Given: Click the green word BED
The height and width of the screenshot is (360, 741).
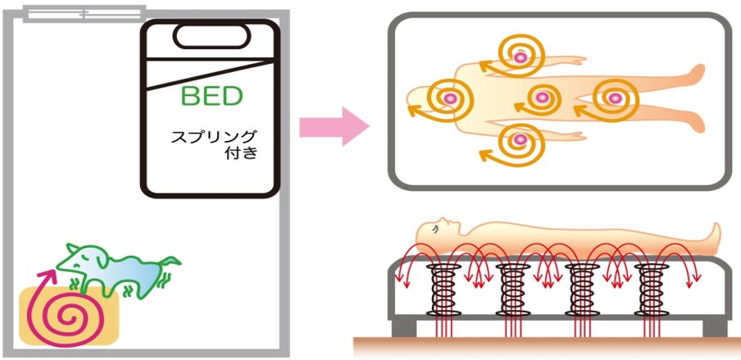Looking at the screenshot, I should (211, 97).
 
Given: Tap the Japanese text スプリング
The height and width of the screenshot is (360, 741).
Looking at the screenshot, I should (213, 136).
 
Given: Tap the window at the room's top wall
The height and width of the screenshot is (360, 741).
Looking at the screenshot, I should (84, 13).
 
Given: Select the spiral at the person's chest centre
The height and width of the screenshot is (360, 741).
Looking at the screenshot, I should (539, 98).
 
